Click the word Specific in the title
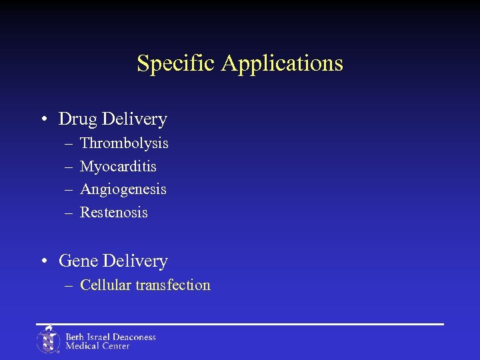[177, 64]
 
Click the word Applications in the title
[282, 64]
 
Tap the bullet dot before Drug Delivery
[43, 120]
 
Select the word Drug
[77, 119]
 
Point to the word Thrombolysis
[124, 143]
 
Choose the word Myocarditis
[118, 167]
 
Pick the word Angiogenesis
[123, 190]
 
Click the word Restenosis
[114, 213]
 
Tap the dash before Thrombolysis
[69, 144]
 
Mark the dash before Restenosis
[69, 213]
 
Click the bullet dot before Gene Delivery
[43, 262]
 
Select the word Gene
[79, 261]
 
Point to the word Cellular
[105, 285]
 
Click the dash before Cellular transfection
[69, 286]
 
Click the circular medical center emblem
[48, 340]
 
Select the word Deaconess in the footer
[131, 337]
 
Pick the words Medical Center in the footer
[97, 346]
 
